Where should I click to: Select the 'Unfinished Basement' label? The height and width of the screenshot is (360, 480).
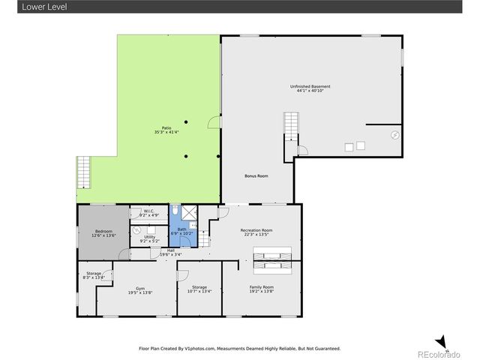(310, 88)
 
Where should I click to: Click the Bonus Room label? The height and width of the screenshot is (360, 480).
(256, 175)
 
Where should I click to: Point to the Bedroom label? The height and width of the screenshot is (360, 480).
(103, 233)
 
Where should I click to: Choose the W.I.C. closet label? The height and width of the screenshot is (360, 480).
(148, 213)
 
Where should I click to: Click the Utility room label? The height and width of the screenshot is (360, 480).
(149, 238)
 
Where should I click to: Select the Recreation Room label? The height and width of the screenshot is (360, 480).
(256, 232)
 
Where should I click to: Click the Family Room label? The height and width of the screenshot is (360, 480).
(262, 289)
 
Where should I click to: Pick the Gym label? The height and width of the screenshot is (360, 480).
(140, 289)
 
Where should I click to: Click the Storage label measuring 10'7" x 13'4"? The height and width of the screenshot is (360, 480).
(199, 289)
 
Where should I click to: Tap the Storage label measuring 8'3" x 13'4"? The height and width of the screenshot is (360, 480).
(94, 275)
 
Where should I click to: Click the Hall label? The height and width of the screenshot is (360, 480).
(170, 252)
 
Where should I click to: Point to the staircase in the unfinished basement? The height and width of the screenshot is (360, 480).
(290, 124)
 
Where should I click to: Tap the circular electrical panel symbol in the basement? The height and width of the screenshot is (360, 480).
(395, 136)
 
